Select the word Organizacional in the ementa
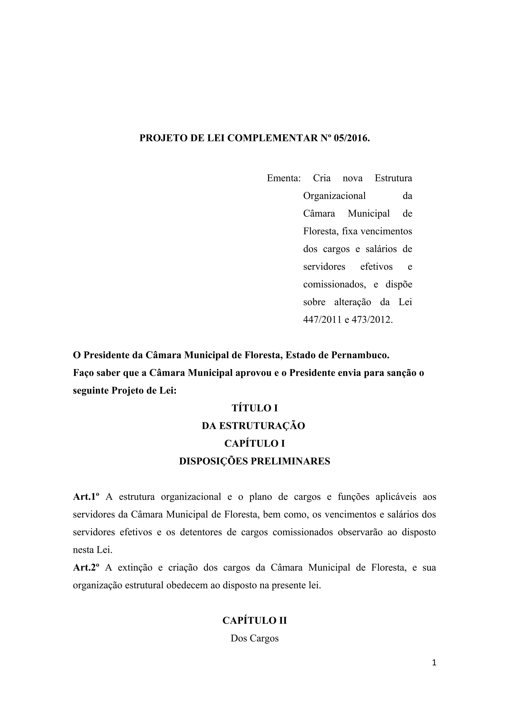pos(334,196)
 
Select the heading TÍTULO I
pos(255,408)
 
